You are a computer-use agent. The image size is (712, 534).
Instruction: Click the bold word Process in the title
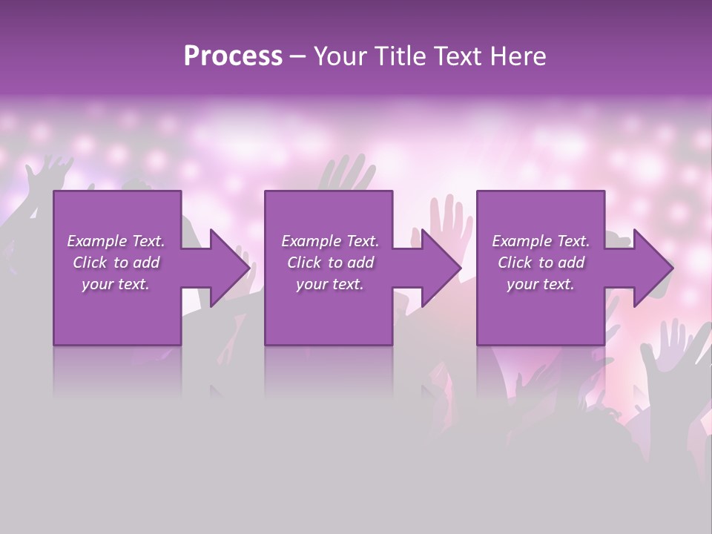tap(233, 56)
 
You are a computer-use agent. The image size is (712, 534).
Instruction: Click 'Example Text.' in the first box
tap(116, 241)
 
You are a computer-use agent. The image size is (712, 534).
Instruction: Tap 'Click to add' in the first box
tap(116, 263)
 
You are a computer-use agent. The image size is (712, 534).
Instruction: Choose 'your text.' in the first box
tap(116, 284)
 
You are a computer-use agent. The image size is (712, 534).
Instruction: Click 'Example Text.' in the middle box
tap(330, 241)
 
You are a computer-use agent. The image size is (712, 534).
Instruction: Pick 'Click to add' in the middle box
tap(330, 263)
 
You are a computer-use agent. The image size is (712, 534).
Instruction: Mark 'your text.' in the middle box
tap(330, 284)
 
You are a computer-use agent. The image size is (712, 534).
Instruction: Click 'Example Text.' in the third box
tap(541, 241)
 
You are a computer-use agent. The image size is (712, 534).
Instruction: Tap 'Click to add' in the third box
tap(541, 263)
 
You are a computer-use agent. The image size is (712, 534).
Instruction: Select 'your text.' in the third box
tap(541, 284)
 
